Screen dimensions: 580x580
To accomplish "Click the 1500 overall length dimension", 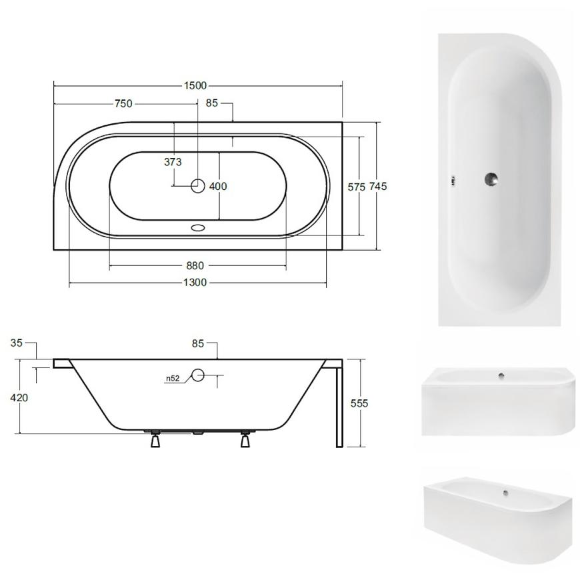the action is coord(195,85).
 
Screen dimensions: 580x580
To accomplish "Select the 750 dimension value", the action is coord(123,103).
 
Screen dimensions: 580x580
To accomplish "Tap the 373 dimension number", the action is coord(173,161).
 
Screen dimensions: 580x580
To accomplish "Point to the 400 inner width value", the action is coord(218,186).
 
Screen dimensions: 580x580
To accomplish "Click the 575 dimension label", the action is coord(357,187).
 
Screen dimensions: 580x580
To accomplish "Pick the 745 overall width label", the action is coord(378,186).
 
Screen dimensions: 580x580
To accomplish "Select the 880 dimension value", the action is coord(195,265).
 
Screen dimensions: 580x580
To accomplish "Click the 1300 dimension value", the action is coord(195,283).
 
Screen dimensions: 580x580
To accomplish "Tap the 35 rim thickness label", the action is coord(16,343).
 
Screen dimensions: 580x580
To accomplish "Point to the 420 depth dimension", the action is coord(19,397).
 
